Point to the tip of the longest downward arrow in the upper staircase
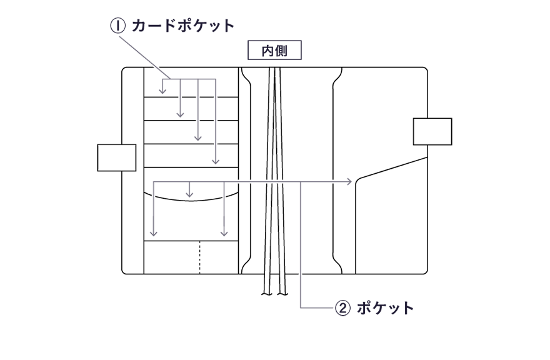click(x=214, y=161)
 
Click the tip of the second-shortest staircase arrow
click(x=180, y=114)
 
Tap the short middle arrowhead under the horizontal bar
click(x=189, y=194)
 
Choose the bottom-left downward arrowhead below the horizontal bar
click(x=153, y=234)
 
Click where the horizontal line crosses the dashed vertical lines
click(x=273, y=181)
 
